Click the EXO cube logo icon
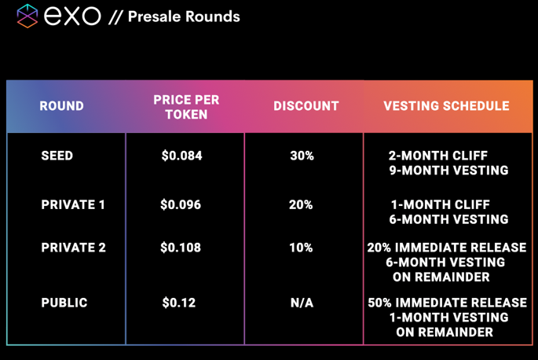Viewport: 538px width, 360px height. (27, 16)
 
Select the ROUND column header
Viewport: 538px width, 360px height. (61, 106)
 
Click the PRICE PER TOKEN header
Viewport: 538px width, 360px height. (186, 107)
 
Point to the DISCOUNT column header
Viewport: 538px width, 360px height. (306, 106)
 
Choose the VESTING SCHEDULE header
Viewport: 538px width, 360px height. (446, 106)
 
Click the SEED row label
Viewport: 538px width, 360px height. (57, 156)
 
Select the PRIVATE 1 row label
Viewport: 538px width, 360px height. (73, 204)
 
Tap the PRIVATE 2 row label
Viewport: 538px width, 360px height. (73, 248)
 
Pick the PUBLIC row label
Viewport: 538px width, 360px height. (64, 303)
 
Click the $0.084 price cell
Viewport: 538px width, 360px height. (181, 156)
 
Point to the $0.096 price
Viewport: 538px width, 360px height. (181, 204)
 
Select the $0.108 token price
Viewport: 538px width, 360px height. (181, 248)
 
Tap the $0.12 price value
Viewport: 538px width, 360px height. (179, 303)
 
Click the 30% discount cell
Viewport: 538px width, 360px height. (302, 156)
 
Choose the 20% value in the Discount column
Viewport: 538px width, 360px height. (301, 204)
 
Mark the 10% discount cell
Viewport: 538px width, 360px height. (301, 248)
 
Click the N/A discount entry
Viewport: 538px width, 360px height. (302, 303)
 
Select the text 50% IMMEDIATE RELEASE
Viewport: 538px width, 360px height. (448, 303)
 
